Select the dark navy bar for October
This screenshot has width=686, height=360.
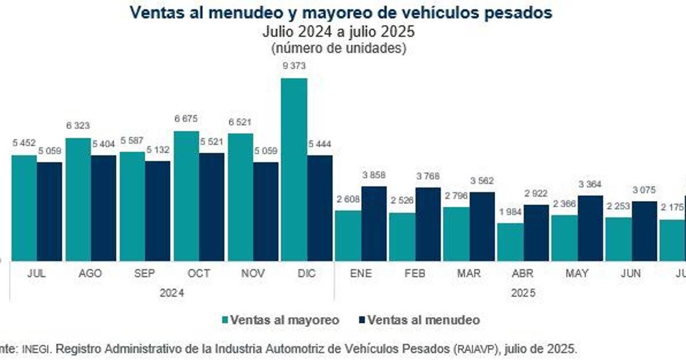[212, 207]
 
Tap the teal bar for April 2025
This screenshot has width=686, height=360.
[510, 242]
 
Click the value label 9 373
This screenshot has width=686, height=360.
[294, 66]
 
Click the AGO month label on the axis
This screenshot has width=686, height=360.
[90, 274]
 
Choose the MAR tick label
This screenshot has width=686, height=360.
[469, 274]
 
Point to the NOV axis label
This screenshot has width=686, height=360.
[253, 274]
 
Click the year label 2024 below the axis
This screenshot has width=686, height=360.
[171, 293]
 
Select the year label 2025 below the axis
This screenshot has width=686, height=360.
[523, 293]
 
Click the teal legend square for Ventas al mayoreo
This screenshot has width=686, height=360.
[224, 321]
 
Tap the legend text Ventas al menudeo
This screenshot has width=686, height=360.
[424, 321]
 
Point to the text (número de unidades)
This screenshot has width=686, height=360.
[338, 48]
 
